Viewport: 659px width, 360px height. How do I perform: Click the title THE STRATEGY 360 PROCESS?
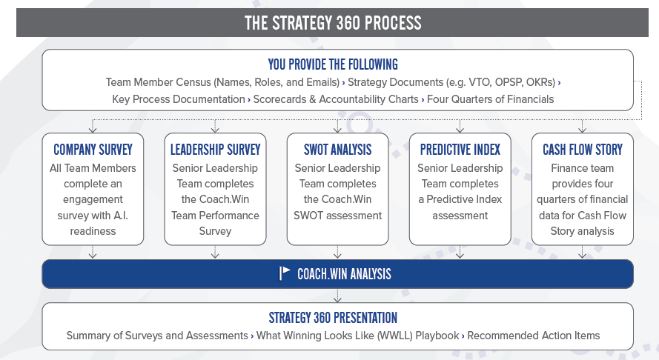(x=333, y=23)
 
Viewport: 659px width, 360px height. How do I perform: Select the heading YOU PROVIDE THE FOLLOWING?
(x=333, y=64)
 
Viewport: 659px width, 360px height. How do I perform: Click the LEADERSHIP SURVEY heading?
(x=214, y=150)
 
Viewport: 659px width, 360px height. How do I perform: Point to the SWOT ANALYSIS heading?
(x=337, y=150)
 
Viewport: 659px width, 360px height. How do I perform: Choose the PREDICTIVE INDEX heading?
(x=460, y=150)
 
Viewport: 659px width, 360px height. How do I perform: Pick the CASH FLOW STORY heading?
(x=582, y=150)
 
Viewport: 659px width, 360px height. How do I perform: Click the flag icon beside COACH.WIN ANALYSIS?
(x=285, y=273)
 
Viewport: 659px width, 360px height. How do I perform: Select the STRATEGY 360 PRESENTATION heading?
(x=333, y=318)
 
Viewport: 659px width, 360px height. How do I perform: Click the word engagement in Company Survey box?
(x=93, y=199)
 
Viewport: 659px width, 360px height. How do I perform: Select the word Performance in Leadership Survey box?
(x=228, y=215)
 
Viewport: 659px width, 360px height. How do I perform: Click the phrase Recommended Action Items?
(x=534, y=336)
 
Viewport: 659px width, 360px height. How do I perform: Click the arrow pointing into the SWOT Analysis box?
(x=338, y=127)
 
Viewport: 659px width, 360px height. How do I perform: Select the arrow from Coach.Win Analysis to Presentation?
(x=338, y=295)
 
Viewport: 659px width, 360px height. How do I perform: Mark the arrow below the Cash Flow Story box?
(x=582, y=252)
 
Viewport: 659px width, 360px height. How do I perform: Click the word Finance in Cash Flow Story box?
(x=570, y=168)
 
